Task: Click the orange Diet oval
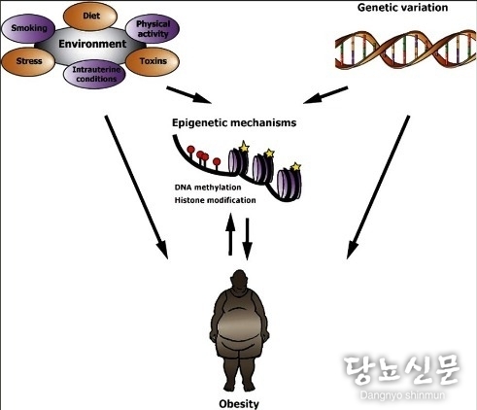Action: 90,16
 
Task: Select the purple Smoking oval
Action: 28,28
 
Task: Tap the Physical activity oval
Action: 153,29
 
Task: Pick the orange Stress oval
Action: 28,61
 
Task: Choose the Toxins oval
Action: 153,61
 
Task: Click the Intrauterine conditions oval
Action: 94,74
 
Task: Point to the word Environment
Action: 92,44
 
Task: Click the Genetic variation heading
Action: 402,8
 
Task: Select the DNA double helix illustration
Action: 405,50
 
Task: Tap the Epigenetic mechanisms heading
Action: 234,122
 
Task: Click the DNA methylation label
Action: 208,188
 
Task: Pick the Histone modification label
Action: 216,200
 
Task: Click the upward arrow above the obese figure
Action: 230,234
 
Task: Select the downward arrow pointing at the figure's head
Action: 247,239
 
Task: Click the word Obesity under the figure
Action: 239,404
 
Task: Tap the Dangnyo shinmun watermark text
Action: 402,395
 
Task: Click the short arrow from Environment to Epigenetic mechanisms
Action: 188,95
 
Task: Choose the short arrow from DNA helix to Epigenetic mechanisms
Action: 325,95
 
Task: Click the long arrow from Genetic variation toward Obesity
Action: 378,188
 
